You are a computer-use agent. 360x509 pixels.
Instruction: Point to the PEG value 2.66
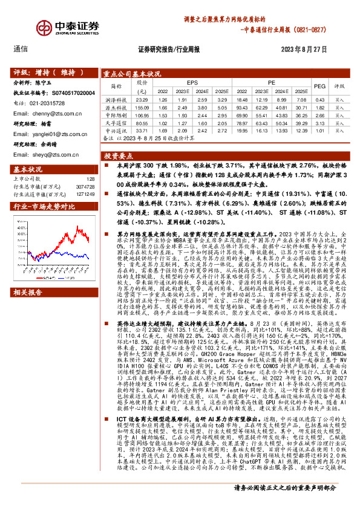click(x=321, y=115)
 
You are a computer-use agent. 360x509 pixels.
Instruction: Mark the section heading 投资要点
click(x=121, y=155)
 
